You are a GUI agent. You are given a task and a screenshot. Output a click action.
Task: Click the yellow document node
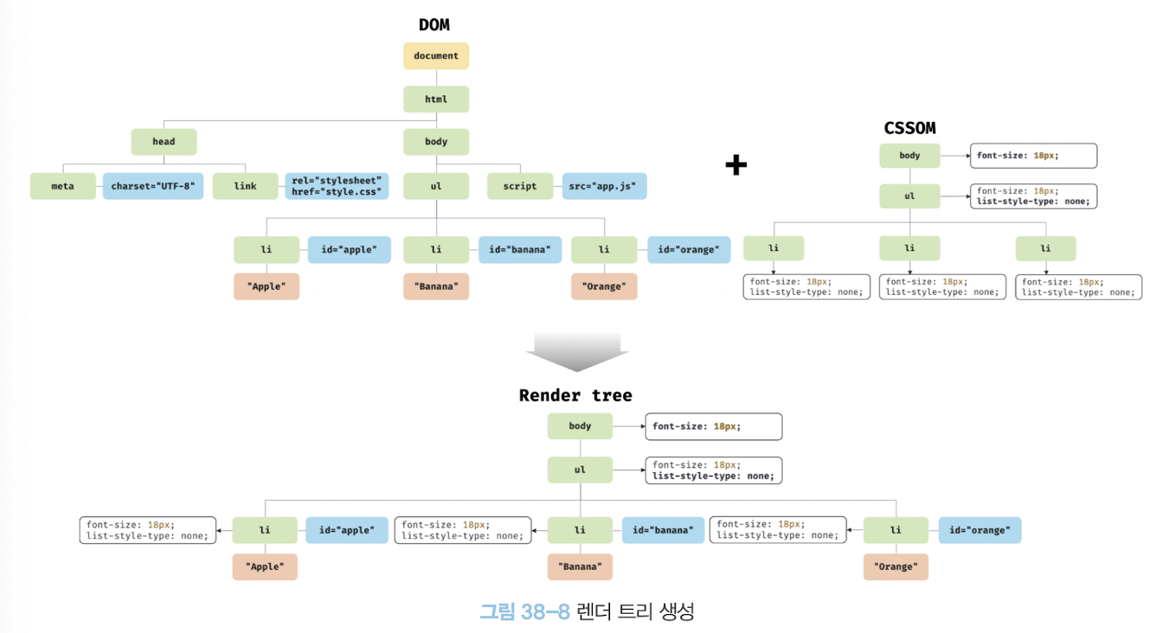tap(436, 56)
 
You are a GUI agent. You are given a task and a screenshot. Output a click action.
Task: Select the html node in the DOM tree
tap(436, 99)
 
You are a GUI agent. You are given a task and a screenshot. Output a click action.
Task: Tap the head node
tap(164, 142)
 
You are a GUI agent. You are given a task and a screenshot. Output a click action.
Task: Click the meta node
tap(62, 186)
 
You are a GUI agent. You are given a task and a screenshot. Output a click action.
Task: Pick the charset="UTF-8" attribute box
tap(153, 186)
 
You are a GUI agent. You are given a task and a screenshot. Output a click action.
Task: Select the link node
tap(245, 186)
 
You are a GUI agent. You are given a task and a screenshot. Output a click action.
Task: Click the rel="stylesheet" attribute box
tap(337, 186)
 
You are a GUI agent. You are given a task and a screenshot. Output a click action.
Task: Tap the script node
tap(520, 186)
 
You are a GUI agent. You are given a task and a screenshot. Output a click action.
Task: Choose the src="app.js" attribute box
tap(605, 186)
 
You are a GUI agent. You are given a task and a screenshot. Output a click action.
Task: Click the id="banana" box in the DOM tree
tap(519, 250)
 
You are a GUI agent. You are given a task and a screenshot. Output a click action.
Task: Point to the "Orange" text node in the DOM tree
tap(604, 286)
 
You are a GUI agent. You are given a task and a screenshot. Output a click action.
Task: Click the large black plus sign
tap(735, 165)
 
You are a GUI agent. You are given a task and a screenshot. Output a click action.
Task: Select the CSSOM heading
tap(909, 128)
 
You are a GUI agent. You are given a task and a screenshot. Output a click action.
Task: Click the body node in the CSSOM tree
tap(909, 156)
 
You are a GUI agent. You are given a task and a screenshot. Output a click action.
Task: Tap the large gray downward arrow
tap(577, 351)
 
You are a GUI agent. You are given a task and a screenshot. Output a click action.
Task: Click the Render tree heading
tap(575, 395)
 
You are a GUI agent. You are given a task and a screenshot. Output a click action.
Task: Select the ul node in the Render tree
tap(580, 470)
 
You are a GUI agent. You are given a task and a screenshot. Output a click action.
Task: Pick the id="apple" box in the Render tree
tap(340, 530)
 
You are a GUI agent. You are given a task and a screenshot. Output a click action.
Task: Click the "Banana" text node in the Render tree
tap(580, 566)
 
